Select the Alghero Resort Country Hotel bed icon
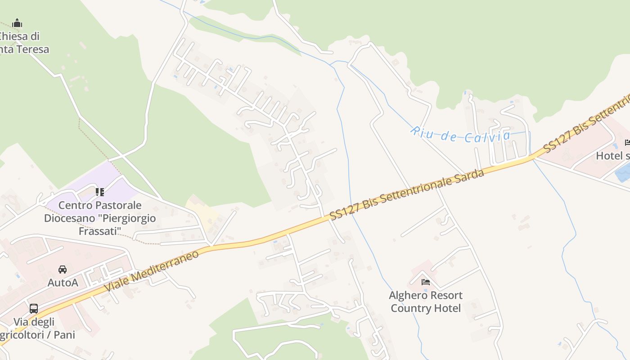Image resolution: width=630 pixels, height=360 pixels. (x=425, y=282)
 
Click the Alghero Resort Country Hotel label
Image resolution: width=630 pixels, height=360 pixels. (x=426, y=301)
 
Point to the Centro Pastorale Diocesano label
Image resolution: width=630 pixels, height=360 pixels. (x=100, y=218)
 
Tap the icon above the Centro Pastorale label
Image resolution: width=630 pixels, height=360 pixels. (x=100, y=192)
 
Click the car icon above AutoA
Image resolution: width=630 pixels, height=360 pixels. (x=63, y=269)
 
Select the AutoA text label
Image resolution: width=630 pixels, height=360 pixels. (x=63, y=283)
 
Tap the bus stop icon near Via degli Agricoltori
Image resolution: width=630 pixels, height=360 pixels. (x=34, y=308)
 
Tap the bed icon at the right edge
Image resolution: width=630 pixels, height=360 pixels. (x=627, y=143)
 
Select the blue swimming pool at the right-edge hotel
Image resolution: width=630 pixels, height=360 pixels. (x=624, y=172)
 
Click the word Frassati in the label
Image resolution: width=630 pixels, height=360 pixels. (x=100, y=231)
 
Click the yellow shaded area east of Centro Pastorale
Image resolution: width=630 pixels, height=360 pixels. (x=202, y=211)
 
